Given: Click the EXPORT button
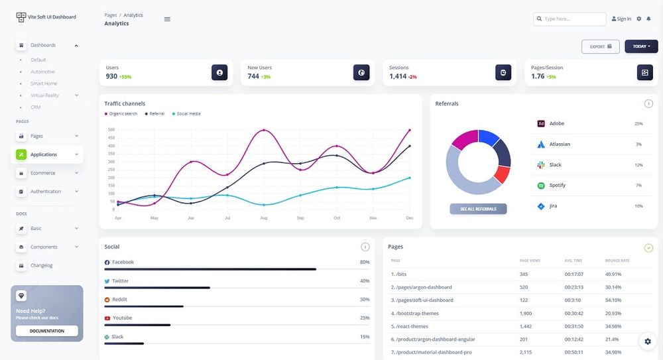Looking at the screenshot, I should pos(600,46).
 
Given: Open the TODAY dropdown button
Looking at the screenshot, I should pos(640,46).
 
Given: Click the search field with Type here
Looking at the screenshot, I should pos(570,19).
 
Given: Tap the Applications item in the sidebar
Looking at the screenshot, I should pos(44,154).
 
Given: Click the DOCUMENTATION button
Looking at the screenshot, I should pos(46,331).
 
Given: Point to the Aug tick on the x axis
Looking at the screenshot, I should pos(264,217).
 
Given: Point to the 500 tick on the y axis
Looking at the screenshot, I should pos(111,130).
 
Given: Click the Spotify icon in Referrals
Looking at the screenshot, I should pos(541,186).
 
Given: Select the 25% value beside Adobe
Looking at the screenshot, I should pos(638,124).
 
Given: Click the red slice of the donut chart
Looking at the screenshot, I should pos(501,174).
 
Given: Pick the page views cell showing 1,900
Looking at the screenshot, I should pos(525,313).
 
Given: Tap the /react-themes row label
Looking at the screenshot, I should pos(411,326).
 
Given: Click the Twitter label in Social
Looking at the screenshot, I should pos(120,281).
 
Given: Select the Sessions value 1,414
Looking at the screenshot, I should pos(398,76).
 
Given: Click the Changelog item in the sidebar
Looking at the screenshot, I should pos(41,265).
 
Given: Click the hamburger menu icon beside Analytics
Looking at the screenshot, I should pos(167,19).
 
